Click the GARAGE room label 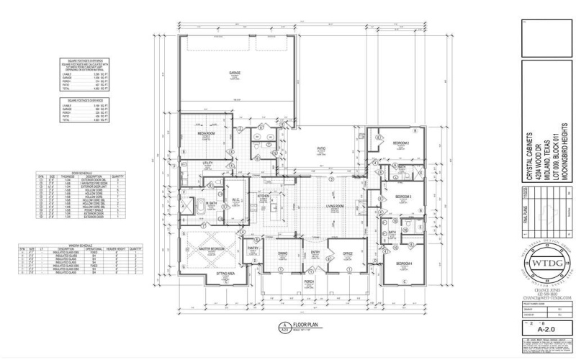click(235, 73)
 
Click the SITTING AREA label click(227, 274)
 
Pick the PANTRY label click(253, 247)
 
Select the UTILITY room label click(207, 163)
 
